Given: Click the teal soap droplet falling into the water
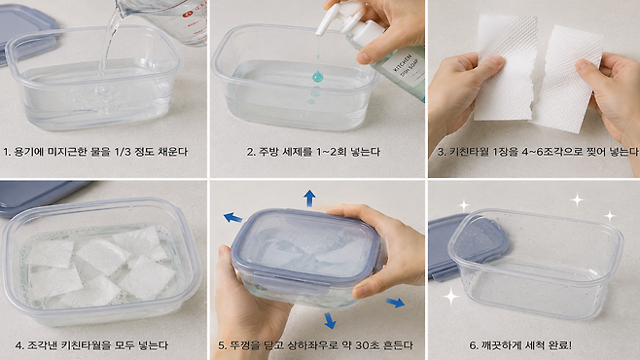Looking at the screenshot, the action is point(317,76).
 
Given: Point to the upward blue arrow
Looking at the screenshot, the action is point(310,198).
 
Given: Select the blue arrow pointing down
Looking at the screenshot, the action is point(330,320).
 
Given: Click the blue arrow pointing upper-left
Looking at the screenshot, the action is point(232,218).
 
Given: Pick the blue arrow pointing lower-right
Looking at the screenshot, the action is point(395,303).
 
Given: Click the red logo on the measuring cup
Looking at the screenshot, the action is point(187,14).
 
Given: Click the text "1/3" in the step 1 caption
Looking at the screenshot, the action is point(123,152).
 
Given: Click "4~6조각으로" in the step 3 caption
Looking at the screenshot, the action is point(550,152).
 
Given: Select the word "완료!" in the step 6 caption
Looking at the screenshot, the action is point(560,345).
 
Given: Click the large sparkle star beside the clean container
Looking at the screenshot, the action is point(451,296).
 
